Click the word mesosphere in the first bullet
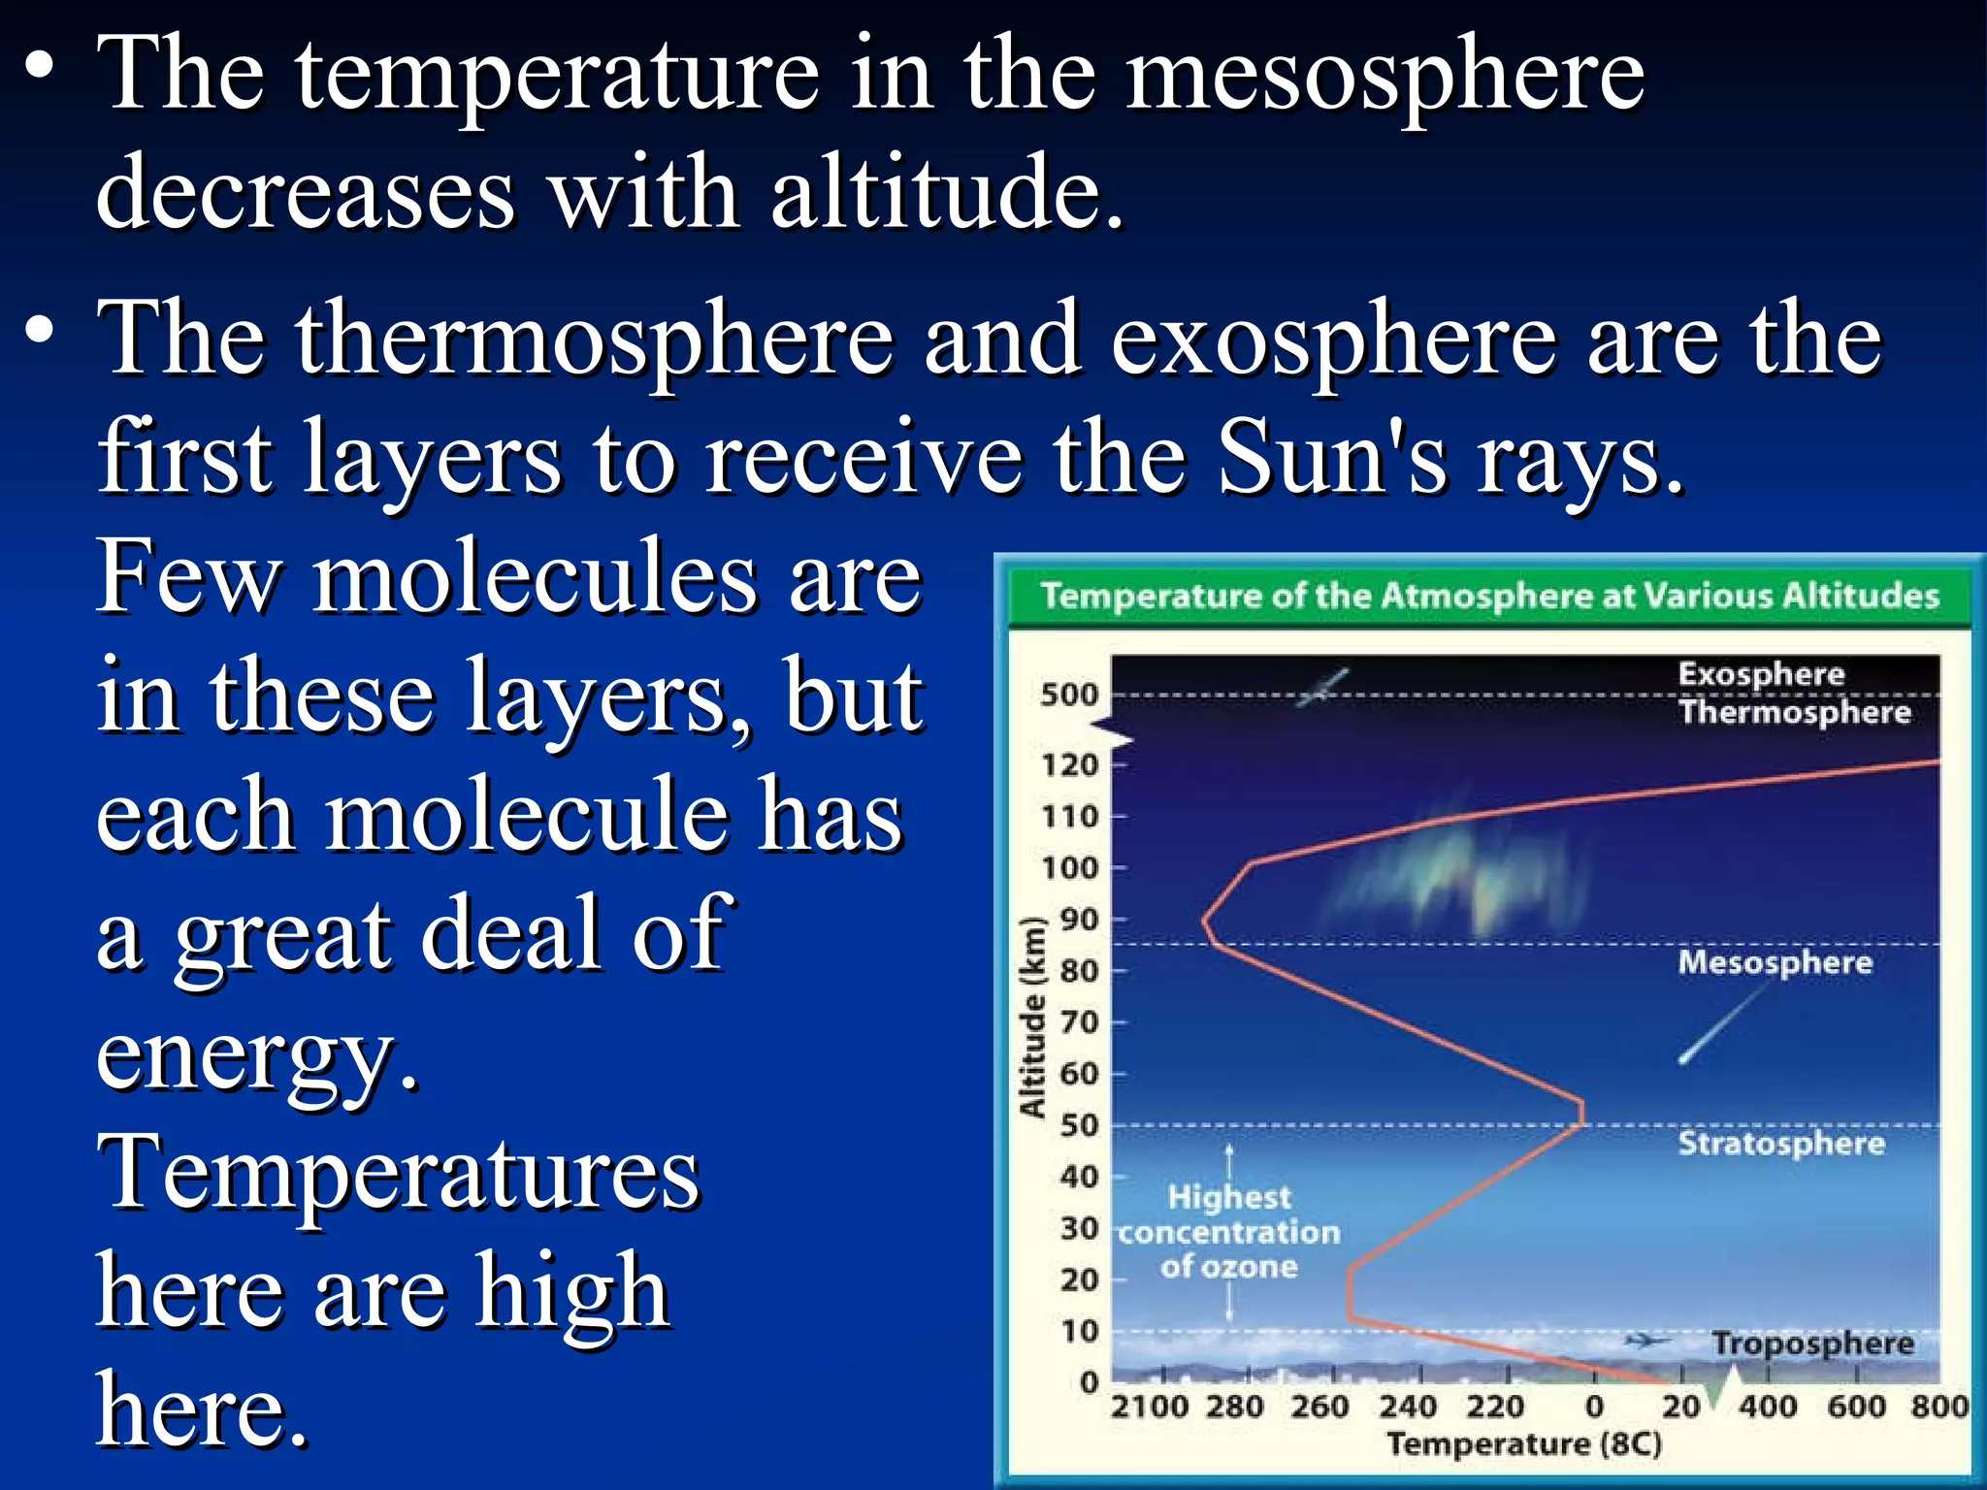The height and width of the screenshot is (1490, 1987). click(1384, 78)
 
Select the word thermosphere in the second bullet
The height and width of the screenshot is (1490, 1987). click(594, 340)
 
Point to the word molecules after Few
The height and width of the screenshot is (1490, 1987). click(535, 579)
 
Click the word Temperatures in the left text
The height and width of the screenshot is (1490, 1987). click(398, 1174)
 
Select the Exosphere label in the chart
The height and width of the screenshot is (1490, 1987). click(1761, 674)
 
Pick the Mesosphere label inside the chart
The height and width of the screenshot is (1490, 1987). click(1775, 962)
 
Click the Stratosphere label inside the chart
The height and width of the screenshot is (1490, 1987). click(1781, 1143)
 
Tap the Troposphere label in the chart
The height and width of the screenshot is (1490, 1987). click(1812, 1344)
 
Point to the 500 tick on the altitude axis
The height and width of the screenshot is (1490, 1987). click(1068, 695)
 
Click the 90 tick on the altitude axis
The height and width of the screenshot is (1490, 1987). click(1079, 919)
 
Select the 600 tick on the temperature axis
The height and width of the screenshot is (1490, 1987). click(1855, 1407)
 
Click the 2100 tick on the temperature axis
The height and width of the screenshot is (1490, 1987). click(1149, 1407)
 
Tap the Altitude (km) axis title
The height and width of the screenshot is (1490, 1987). click(1032, 1016)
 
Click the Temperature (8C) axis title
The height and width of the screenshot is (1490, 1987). click(1523, 1444)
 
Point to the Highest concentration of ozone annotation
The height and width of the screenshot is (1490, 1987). click(1228, 1232)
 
